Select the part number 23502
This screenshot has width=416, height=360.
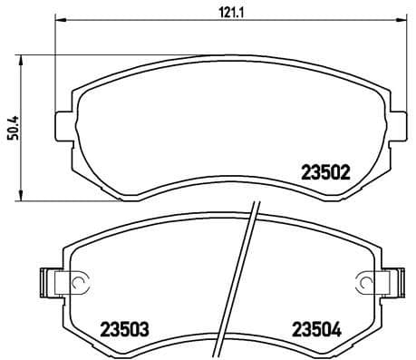(x=325, y=170)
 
